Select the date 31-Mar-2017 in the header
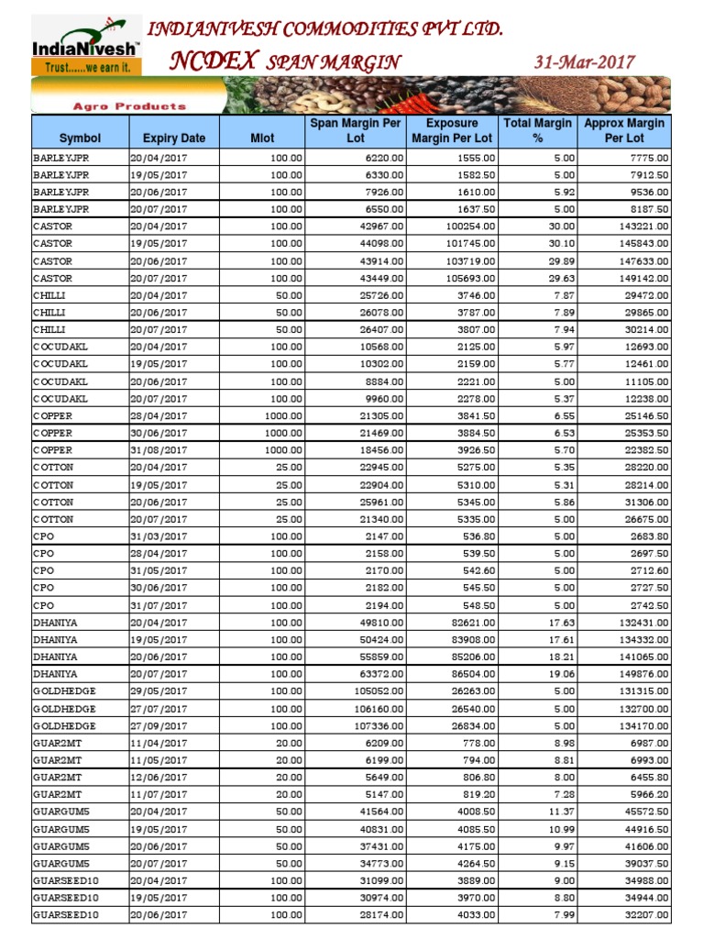584,62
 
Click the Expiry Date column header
174,138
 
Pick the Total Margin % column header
538,130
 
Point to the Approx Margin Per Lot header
624,130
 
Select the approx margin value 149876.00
642,674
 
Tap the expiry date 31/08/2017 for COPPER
159,450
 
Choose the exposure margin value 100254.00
467,226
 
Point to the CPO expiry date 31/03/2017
159,536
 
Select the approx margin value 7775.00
647,158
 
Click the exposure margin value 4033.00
474,915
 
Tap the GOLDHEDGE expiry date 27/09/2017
159,725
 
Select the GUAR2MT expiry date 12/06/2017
159,778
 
